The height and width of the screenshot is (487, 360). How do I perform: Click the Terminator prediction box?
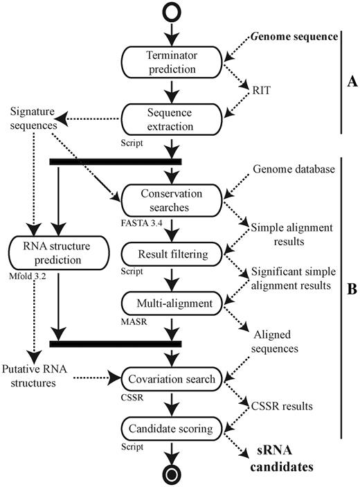[172, 62]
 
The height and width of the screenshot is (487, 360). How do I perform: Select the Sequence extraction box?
[172, 119]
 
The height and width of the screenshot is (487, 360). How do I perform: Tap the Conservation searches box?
[172, 200]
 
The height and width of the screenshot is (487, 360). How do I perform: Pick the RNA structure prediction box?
[59, 253]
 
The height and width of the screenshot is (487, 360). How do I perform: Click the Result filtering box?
[172, 254]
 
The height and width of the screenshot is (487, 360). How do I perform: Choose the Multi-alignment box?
[172, 303]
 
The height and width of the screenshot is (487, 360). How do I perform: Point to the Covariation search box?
[172, 379]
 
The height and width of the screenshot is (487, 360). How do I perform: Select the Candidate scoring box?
[172, 429]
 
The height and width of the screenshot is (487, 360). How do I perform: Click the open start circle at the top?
[172, 13]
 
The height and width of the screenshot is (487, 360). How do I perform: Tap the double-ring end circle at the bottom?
[172, 475]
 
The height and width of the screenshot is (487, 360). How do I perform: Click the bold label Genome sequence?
[294, 37]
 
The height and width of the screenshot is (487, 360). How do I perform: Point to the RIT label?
[261, 90]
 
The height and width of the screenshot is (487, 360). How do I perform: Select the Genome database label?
[294, 169]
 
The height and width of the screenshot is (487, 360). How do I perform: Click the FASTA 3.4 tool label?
[141, 223]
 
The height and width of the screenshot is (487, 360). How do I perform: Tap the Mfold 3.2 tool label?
[27, 276]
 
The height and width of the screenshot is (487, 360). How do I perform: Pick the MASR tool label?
[134, 321]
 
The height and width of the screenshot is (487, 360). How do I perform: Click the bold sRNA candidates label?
[282, 459]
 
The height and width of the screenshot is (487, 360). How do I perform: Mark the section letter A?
[352, 82]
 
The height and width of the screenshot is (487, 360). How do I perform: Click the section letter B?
[352, 289]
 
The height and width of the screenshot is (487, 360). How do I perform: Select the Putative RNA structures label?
[34, 375]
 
